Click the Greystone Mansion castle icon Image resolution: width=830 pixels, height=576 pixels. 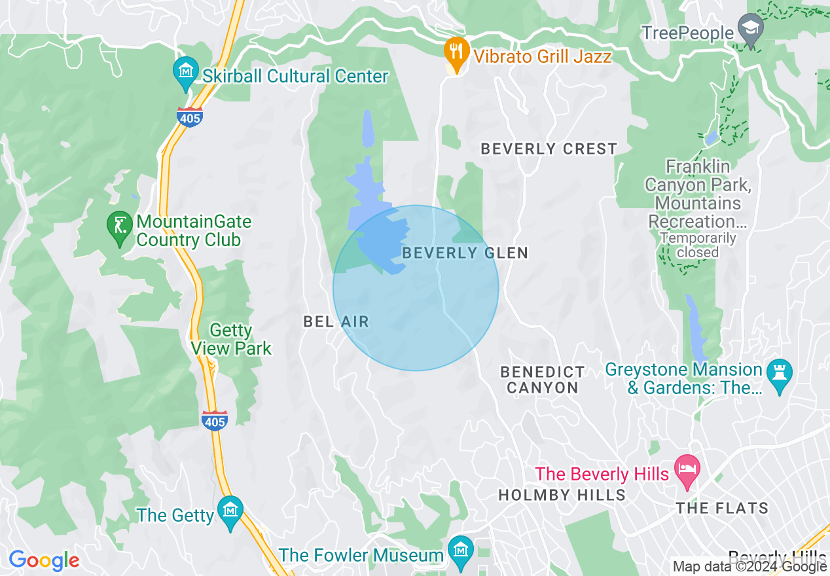779,374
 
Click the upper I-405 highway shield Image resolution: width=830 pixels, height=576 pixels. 189,117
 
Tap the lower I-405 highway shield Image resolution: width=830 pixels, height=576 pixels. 215,420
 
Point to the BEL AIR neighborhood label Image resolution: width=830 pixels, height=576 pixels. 336,321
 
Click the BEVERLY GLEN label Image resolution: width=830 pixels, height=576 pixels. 465,253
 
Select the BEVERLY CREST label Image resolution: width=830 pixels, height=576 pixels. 549,149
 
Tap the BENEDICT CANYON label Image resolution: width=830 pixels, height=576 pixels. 543,380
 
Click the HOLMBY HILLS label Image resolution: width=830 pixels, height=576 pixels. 562,495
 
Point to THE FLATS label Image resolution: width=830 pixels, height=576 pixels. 723,508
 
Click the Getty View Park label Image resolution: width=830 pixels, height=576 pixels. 231,340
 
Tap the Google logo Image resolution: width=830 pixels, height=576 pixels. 44,561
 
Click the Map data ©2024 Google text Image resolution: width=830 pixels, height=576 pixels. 750,567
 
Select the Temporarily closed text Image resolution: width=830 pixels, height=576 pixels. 697,245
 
